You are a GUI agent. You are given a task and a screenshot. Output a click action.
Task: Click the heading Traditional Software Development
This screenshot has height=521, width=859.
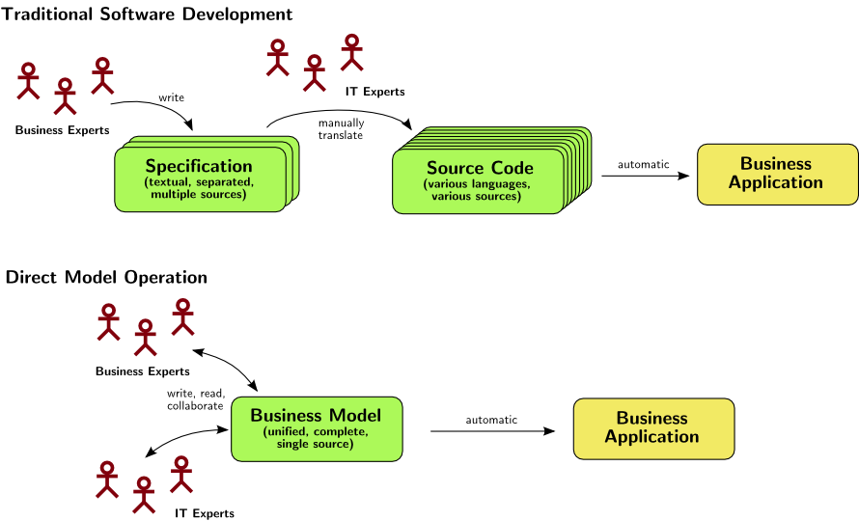pos(147,14)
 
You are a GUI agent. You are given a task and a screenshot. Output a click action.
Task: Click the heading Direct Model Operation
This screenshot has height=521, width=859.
pos(106,278)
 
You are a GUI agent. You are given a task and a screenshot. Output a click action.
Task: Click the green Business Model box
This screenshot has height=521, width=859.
pos(316,428)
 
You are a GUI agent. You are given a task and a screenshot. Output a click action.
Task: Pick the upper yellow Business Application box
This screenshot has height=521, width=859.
pos(777,174)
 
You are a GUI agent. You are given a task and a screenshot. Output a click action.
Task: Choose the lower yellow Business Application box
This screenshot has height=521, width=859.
pos(653,427)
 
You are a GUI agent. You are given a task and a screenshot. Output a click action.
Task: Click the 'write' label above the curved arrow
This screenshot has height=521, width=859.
pos(171,96)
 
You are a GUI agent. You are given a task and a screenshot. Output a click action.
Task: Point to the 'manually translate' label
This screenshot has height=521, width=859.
pos(341,128)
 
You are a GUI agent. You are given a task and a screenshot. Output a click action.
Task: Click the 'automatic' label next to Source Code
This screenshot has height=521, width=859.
pos(644,164)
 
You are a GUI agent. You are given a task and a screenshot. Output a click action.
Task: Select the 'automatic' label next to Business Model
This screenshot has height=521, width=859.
pos(491,420)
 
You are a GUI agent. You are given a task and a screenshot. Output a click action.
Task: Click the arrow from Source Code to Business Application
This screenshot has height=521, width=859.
pos(645,176)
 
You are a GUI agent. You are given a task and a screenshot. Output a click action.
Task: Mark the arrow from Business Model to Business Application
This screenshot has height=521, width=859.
pos(493,430)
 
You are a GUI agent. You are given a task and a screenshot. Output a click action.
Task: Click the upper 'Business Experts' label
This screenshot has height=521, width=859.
pos(62,130)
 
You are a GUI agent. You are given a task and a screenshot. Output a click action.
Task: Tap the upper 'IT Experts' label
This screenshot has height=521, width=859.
pos(374,92)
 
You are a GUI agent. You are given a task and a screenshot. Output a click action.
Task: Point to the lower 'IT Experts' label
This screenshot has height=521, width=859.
pos(205,513)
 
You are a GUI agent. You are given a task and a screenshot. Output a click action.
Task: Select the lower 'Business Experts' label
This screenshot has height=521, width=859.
pos(142,370)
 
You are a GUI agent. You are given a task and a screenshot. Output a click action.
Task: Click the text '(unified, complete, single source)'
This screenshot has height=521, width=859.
pos(316,438)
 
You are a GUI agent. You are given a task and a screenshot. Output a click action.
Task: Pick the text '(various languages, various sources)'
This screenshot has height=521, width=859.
pos(477,190)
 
